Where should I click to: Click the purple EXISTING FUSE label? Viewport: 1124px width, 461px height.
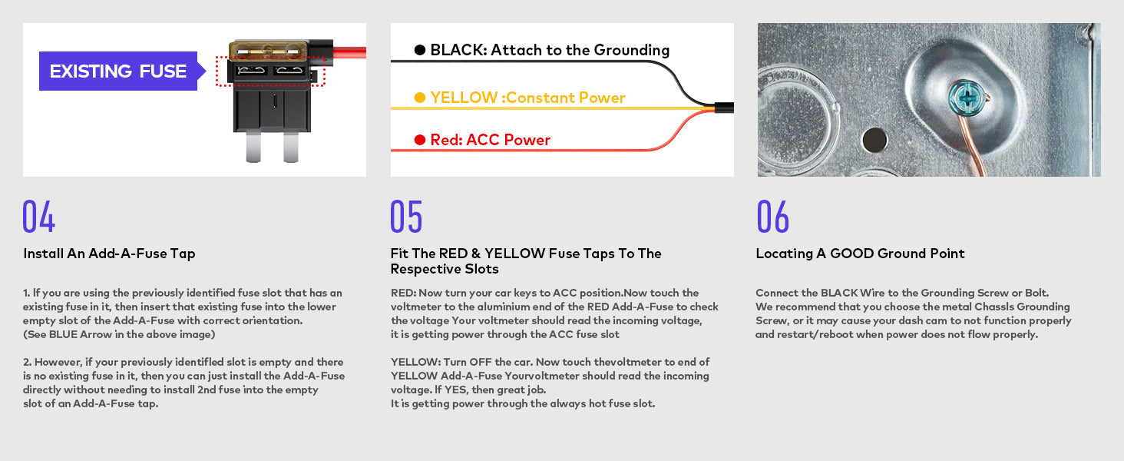click(x=118, y=71)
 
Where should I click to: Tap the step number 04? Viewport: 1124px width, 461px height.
click(x=39, y=217)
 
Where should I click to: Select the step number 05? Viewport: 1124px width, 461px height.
click(x=406, y=217)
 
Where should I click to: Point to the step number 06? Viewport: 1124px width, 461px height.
click(x=772, y=217)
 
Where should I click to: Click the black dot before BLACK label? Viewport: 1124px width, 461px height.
click(x=420, y=50)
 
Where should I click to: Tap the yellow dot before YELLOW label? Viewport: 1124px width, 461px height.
click(x=420, y=98)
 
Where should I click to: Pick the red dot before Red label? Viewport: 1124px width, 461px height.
click(x=420, y=140)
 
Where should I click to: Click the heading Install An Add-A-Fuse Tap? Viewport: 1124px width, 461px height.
click(x=109, y=254)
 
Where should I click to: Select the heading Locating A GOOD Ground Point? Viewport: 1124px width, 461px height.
click(x=860, y=254)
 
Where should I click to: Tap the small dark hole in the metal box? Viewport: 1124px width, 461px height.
click(x=873, y=139)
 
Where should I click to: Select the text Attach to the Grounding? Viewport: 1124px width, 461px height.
click(x=580, y=50)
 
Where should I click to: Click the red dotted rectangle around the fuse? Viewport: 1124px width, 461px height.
click(x=270, y=71)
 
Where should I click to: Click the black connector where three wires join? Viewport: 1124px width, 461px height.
click(x=724, y=108)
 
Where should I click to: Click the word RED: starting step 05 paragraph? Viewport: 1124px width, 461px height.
click(x=404, y=293)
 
